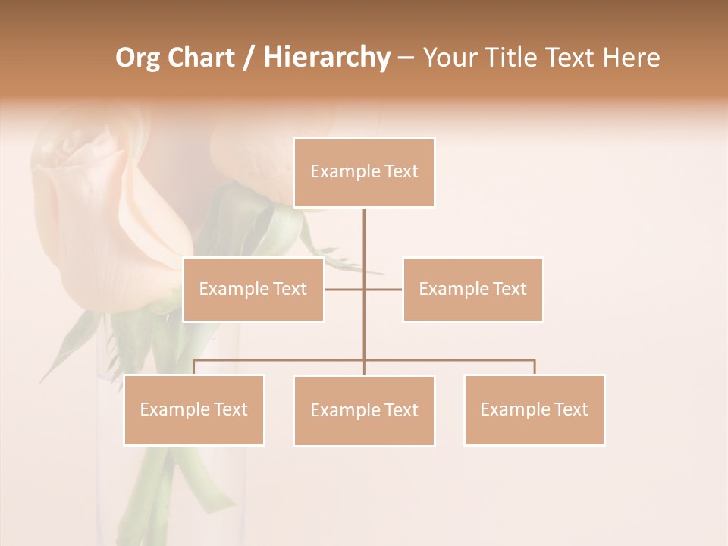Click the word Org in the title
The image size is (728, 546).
tap(138, 58)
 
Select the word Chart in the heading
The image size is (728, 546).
tap(199, 58)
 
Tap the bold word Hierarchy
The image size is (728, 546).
tap(327, 58)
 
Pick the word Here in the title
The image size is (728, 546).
tap(631, 58)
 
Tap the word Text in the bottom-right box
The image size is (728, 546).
tap(571, 409)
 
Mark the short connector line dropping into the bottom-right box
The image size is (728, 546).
tap(535, 367)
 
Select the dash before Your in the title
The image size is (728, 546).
tap(406, 58)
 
